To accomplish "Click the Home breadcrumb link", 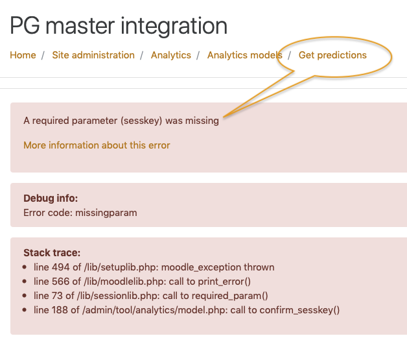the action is pyautogui.click(x=23, y=55).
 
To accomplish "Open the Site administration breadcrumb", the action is pyautogui.click(x=93, y=55).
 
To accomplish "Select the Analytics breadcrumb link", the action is pyautogui.click(x=171, y=55).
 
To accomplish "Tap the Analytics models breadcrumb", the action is pyautogui.click(x=244, y=55).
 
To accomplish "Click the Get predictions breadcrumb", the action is pyautogui.click(x=332, y=55).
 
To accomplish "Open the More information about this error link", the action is pyautogui.click(x=97, y=145).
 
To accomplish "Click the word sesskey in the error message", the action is pyautogui.click(x=141, y=121).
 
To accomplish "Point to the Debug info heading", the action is pyautogui.click(x=51, y=198).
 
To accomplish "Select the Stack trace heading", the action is pyautogui.click(x=52, y=253).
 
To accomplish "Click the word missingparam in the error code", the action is pyautogui.click(x=106, y=213).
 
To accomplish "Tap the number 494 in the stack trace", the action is pyautogui.click(x=61, y=267).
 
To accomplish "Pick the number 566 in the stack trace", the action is pyautogui.click(x=61, y=282).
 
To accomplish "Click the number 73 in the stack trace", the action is pyautogui.click(x=57, y=296).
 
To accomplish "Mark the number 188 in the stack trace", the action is pyautogui.click(x=60, y=310).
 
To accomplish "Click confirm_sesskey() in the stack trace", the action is pyautogui.click(x=299, y=311).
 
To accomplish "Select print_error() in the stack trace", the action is pyautogui.click(x=224, y=282).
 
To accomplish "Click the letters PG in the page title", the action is pyautogui.click(x=25, y=26).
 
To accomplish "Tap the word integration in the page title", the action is pyautogui.click(x=174, y=26).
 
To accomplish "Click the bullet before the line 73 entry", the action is pyautogui.click(x=25, y=296).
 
